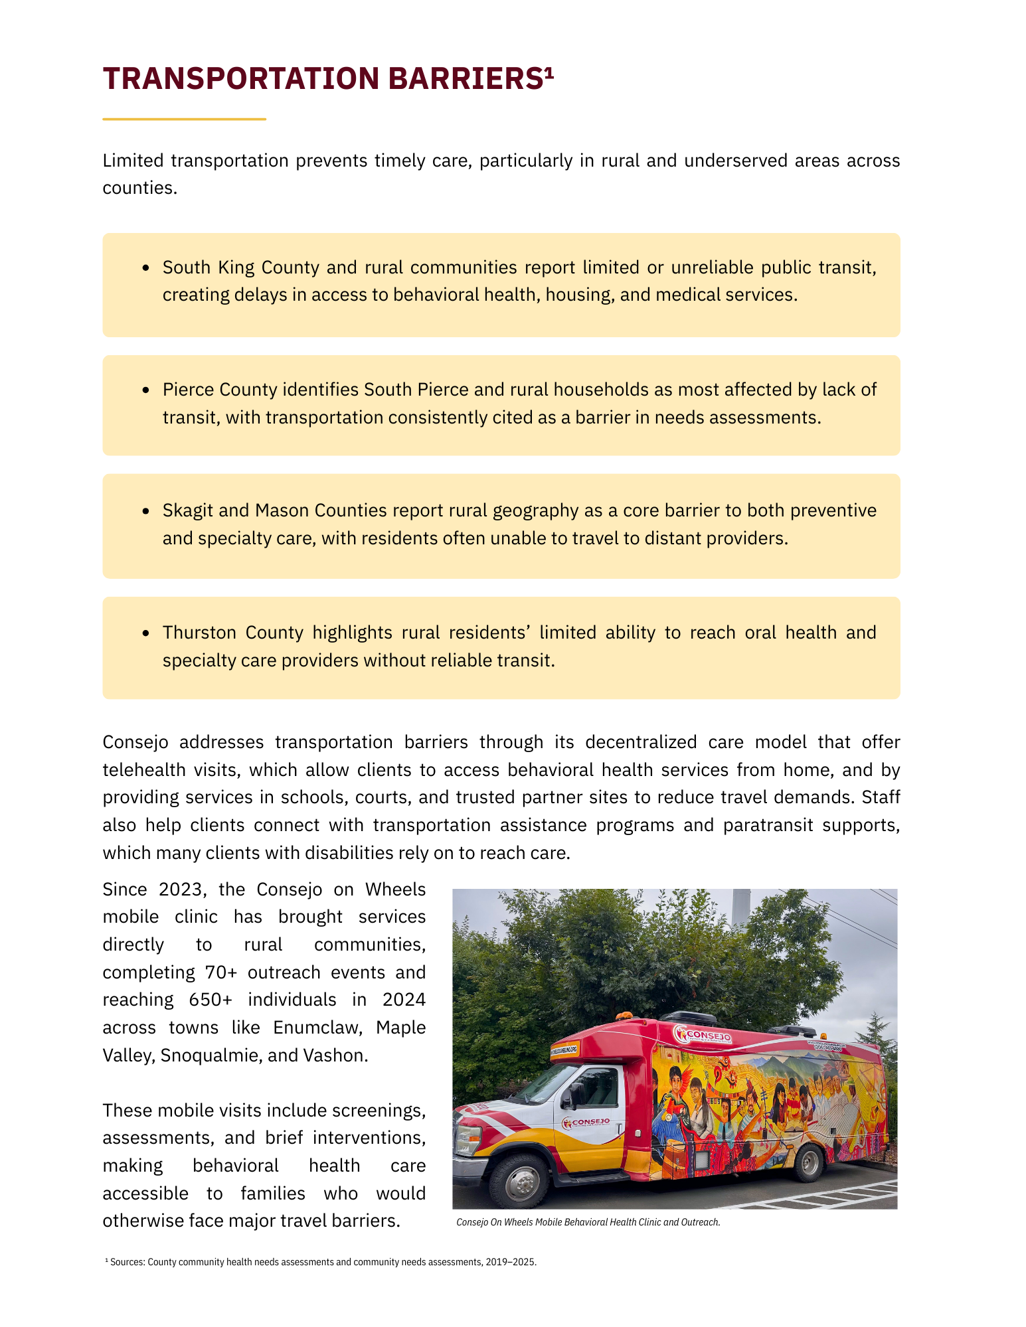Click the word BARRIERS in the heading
[466, 78]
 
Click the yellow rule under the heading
[184, 119]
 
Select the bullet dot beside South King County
[146, 268]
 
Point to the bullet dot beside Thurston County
[146, 633]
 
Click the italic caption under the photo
[588, 1222]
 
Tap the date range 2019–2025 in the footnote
[511, 1262]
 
